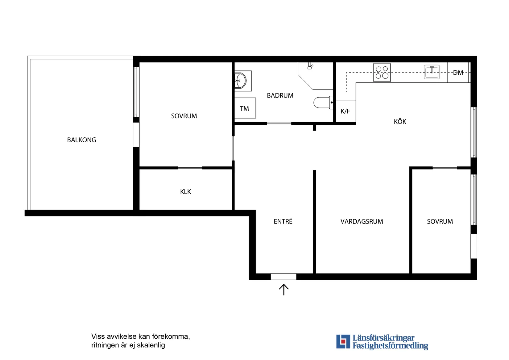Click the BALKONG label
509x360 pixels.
[81, 140]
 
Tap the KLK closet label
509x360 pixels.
[185, 192]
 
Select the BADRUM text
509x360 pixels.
[280, 95]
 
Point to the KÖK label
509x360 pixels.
[400, 121]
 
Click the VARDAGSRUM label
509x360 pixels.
[362, 221]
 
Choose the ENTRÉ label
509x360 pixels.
[283, 221]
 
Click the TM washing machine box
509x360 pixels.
[245, 108]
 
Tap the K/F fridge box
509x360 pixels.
[346, 111]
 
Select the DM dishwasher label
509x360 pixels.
[458, 73]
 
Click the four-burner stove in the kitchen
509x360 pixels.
[382, 73]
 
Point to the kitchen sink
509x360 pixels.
[432, 72]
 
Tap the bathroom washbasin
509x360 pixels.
[241, 81]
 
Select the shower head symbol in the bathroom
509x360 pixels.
[310, 66]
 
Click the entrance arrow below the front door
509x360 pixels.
[284, 290]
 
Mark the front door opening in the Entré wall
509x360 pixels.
[283, 277]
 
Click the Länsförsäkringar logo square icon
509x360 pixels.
[343, 341]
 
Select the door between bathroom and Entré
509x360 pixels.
[279, 123]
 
